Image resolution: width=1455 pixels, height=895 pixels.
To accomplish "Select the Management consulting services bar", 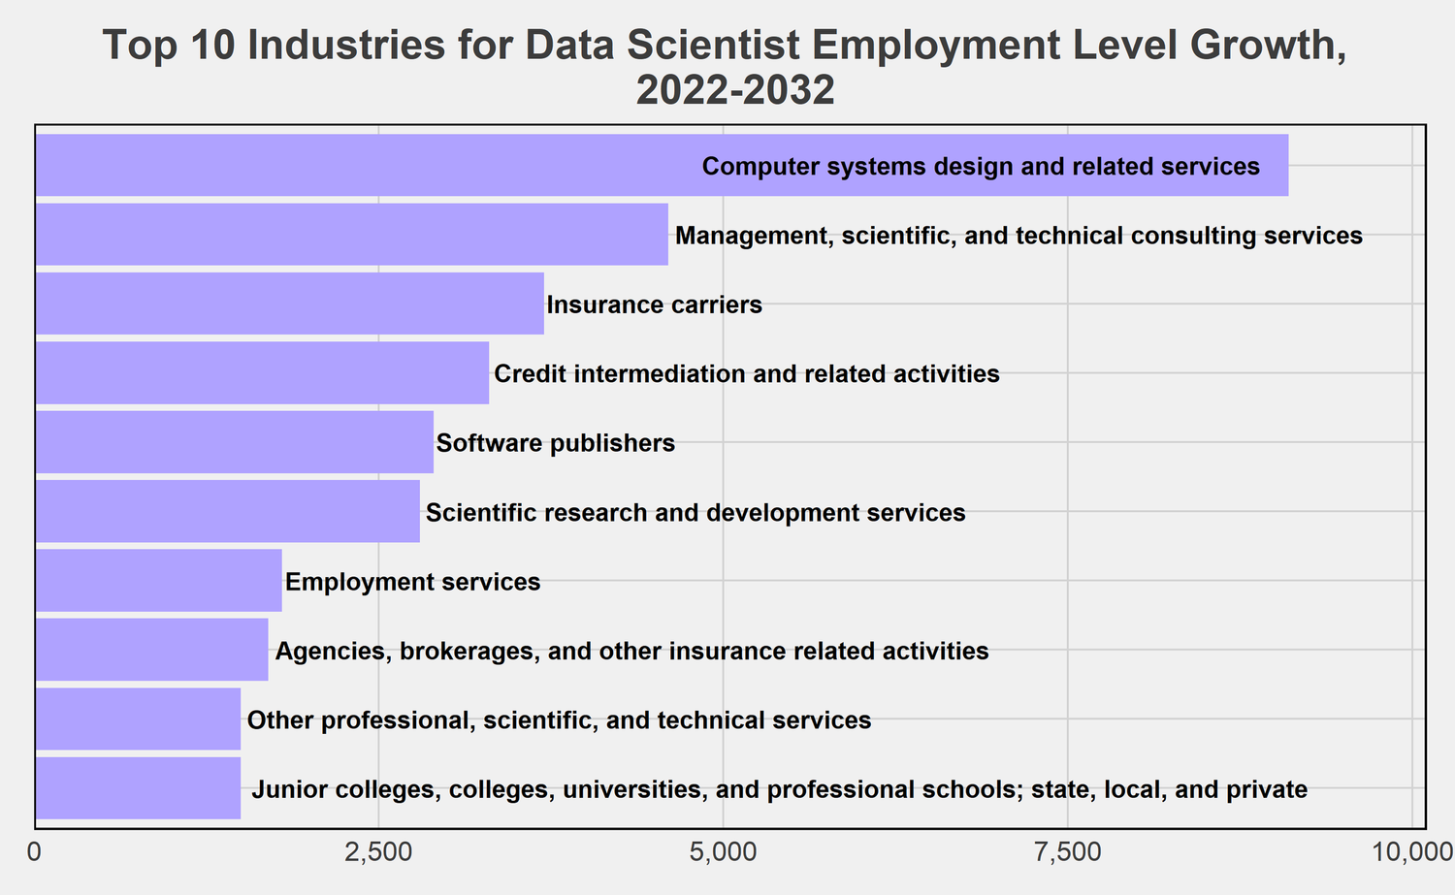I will (x=351, y=235).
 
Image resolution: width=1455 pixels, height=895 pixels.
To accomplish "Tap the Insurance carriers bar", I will (x=289, y=304).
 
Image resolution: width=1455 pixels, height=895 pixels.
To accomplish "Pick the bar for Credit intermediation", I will (x=262, y=373).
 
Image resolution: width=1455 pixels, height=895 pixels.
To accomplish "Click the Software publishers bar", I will (x=234, y=443).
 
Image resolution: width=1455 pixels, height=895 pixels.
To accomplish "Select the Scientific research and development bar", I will (x=227, y=512).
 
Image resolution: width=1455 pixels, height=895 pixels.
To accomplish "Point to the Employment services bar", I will (x=158, y=581).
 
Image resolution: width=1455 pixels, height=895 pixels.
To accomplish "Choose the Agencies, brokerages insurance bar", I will (x=151, y=650).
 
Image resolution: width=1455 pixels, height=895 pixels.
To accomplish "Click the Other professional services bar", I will (x=138, y=719).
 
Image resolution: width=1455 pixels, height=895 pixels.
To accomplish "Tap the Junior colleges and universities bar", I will (x=138, y=788).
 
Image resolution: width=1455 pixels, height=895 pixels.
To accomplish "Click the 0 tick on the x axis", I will (x=36, y=853).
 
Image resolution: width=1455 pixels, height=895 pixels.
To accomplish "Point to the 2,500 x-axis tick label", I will (x=379, y=853).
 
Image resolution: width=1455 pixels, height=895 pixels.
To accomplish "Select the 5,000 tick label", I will (x=724, y=853).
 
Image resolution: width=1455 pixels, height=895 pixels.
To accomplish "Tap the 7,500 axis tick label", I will (x=1067, y=853).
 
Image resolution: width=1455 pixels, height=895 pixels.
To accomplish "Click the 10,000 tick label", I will (x=1411, y=853).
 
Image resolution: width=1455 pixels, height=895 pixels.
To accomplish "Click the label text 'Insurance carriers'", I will (x=655, y=305).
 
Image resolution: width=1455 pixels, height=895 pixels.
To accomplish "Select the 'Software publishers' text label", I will (x=556, y=444).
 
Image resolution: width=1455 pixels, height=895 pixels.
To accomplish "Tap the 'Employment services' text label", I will (x=413, y=583).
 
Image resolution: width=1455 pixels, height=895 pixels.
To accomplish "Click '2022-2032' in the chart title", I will (x=734, y=91).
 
